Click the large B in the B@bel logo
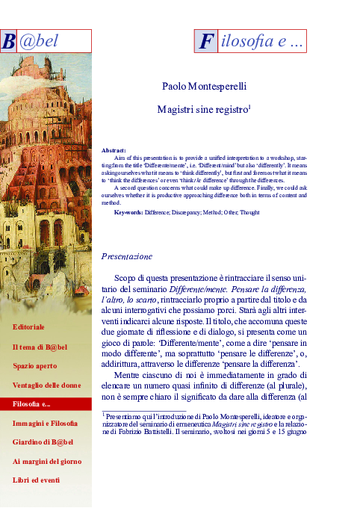click(9, 42)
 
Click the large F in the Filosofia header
click(205, 43)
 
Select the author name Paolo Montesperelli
click(204, 87)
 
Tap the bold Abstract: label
click(114, 150)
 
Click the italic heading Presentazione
click(126, 256)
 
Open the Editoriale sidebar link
click(28, 327)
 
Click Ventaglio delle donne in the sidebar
click(46, 385)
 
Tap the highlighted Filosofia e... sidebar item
click(32, 404)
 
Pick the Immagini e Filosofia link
click(45, 424)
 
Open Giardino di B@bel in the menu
click(43, 442)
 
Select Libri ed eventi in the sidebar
click(36, 480)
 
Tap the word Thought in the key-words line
click(250, 213)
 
